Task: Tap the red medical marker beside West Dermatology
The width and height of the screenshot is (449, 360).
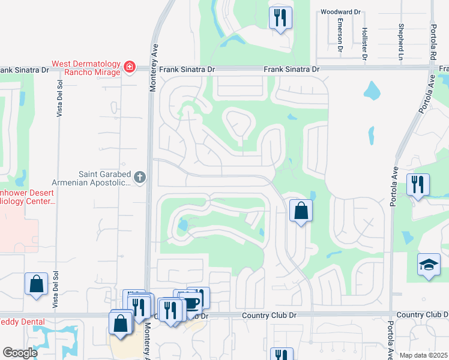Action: [129, 66]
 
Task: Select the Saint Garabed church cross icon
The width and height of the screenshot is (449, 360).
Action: [139, 176]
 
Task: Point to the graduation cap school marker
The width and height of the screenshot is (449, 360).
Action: [429, 265]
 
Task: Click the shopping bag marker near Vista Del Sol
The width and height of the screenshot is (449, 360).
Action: [36, 284]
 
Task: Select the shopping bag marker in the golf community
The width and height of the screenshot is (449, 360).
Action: [301, 211]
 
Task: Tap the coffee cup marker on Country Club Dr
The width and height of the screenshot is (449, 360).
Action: [191, 301]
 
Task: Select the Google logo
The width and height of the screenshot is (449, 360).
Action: [20, 353]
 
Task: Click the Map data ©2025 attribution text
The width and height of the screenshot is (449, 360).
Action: [423, 355]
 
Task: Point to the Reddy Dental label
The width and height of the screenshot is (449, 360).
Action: [22, 322]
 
